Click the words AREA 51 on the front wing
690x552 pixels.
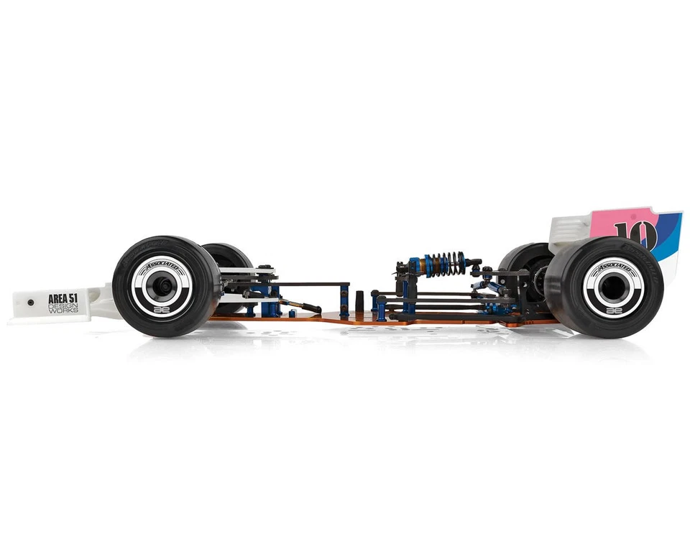tap(63, 298)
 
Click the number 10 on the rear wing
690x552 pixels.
tap(635, 234)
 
